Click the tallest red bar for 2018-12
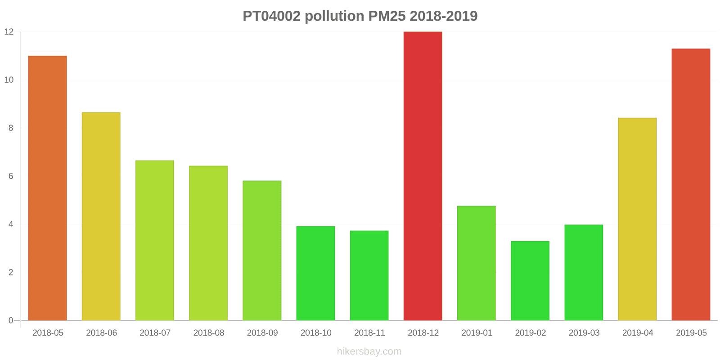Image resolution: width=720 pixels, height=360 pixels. tap(423, 176)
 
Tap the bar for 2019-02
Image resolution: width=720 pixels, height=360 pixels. tap(530, 281)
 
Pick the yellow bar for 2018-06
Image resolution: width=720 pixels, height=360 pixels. tap(101, 216)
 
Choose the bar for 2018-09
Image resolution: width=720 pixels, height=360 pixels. tap(262, 251)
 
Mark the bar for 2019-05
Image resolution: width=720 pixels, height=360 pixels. tap(691, 184)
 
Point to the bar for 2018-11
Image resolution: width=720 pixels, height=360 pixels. tap(369, 275)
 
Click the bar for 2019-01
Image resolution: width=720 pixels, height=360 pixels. tap(476, 263)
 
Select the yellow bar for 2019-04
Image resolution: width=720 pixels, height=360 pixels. tap(637, 219)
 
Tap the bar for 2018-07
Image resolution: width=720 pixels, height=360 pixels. tap(154, 240)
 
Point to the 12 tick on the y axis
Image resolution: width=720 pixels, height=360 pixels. tap(9, 32)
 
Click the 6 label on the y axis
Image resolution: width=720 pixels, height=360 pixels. tap(11, 176)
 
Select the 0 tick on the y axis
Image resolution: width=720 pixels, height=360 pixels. tap(11, 321)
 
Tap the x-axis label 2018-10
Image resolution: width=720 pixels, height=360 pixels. tap(316, 333)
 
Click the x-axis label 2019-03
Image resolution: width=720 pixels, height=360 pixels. tap(584, 333)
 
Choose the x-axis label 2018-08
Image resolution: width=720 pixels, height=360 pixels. tap(208, 333)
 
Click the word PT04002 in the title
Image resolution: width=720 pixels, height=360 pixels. tap(272, 16)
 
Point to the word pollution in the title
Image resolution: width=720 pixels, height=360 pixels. tap(334, 16)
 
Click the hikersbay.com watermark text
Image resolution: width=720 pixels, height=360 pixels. tap(369, 351)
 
